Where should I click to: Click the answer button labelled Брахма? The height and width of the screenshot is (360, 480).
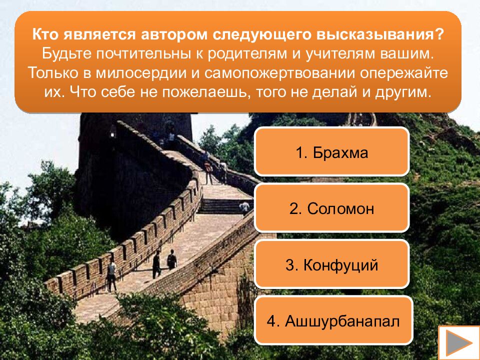pos(331,153)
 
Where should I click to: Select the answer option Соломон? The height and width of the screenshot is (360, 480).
pos(331,209)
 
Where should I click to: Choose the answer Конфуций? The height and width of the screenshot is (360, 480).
pos(331,265)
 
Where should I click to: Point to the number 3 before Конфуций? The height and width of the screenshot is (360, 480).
pos(289,265)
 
